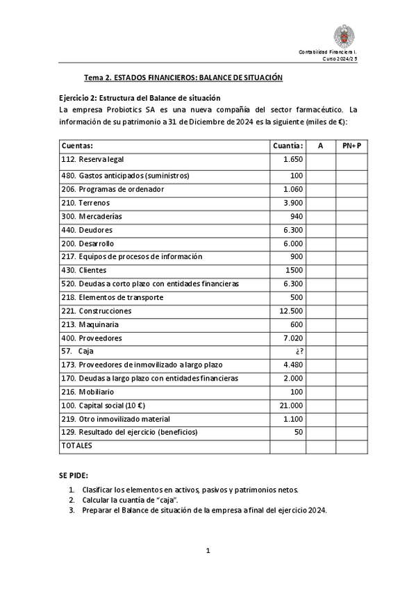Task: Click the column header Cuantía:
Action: click(288, 146)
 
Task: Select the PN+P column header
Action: click(352, 146)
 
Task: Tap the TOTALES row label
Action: click(77, 445)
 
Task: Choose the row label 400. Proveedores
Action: click(92, 338)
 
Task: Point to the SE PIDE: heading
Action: click(74, 475)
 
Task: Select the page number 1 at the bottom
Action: click(208, 551)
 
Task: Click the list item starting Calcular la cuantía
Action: click(142, 499)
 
